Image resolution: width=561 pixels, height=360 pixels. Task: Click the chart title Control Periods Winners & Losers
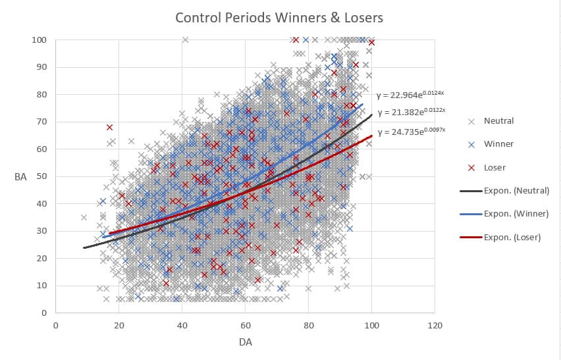(279, 17)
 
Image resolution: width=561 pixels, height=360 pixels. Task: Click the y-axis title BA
(21, 176)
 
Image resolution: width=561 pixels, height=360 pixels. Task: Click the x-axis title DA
(245, 342)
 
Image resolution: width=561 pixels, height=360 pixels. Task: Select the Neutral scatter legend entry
(498, 121)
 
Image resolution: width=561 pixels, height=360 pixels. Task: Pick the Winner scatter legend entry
(498, 144)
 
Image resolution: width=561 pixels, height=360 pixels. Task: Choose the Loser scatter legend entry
(494, 167)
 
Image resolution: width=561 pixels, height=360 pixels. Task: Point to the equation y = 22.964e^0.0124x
(410, 95)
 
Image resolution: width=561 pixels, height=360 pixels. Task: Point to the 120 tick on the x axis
(435, 325)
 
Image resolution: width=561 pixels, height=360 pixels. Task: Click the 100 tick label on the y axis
(39, 40)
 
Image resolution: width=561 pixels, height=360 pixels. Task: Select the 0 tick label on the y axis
(43, 313)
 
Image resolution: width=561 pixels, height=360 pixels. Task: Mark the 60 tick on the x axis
(245, 325)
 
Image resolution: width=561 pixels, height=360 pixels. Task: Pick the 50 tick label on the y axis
(41, 176)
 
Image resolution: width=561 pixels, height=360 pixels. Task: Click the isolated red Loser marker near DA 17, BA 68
(109, 127)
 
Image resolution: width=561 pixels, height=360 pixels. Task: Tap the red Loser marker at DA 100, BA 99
(372, 43)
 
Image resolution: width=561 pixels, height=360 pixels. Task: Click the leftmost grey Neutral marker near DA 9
(84, 217)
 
